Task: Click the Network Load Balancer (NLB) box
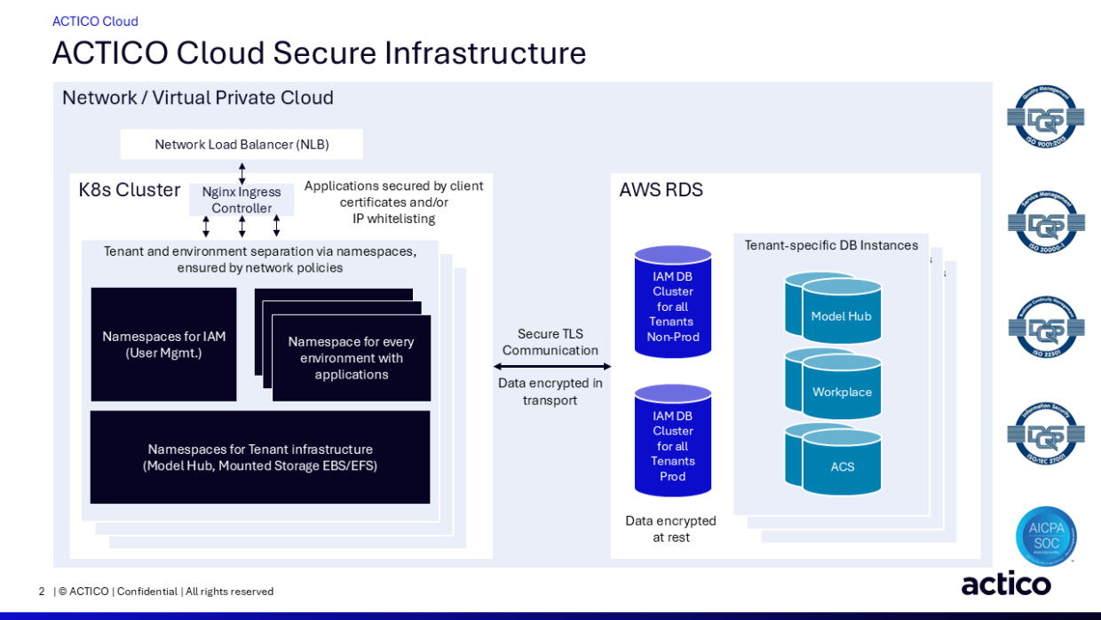[x=242, y=145]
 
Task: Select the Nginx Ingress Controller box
[x=242, y=200]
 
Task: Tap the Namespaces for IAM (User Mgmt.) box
[x=163, y=345]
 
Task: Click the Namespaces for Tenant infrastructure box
[x=260, y=457]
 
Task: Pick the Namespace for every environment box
[x=352, y=358]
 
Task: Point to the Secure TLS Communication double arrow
[x=552, y=366]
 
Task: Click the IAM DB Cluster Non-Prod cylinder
[x=673, y=303]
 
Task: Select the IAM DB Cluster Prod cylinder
[x=673, y=441]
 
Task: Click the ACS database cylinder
[x=840, y=463]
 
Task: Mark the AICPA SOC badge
[x=1046, y=536]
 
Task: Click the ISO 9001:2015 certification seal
[x=1045, y=116]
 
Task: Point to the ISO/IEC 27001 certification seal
[x=1045, y=433]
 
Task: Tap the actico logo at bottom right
[x=1006, y=584]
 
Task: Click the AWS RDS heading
[x=661, y=190]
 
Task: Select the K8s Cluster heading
[x=130, y=190]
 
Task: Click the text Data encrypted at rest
[x=670, y=529]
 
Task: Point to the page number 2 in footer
[x=42, y=592]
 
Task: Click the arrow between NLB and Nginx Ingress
[x=242, y=172]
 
